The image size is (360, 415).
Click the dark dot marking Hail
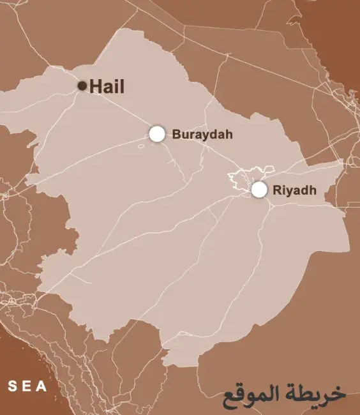(x=82, y=86)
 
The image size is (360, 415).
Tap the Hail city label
(x=107, y=86)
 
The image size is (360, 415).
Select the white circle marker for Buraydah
(x=157, y=133)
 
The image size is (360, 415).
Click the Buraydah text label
(x=202, y=135)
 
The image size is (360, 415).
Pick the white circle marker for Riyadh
(x=259, y=189)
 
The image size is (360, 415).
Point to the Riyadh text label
(x=294, y=190)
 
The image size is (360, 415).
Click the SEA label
(x=27, y=386)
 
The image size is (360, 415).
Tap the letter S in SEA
(x=12, y=386)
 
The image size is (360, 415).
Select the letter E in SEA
(x=27, y=386)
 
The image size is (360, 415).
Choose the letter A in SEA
(x=42, y=386)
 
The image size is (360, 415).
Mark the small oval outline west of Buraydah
(x=142, y=145)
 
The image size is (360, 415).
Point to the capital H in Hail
(x=96, y=86)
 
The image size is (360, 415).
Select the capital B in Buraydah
(x=176, y=135)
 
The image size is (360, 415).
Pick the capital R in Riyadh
(x=276, y=190)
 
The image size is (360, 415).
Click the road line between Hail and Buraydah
(x=119, y=109)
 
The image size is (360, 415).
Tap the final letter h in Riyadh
(x=313, y=190)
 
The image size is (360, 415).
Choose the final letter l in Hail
(x=122, y=86)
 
